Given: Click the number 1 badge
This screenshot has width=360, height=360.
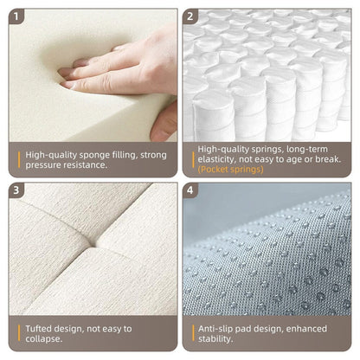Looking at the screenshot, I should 18,16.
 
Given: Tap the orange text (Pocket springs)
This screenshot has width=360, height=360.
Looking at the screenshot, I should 230,170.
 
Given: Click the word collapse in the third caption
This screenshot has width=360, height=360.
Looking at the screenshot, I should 45,340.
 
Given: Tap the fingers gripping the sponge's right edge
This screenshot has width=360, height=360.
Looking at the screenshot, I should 164,121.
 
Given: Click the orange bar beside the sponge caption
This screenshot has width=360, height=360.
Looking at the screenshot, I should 19,160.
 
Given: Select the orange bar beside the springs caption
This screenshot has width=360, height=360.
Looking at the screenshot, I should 192,158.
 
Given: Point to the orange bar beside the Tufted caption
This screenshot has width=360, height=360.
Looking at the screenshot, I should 19,334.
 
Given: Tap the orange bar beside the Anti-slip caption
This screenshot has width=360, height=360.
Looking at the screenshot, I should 192,334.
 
